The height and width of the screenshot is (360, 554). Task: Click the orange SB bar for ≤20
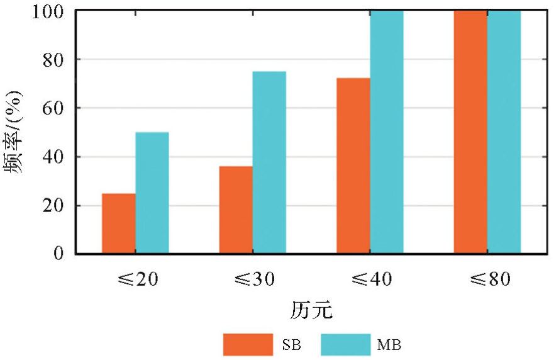118,223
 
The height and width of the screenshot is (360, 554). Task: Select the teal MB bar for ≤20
152,193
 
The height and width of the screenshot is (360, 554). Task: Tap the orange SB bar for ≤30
236,210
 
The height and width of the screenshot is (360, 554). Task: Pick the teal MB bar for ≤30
269,162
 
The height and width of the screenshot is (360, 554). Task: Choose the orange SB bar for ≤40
353,166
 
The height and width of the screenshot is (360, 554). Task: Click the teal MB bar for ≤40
387,132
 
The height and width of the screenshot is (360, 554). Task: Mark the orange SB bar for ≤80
470,132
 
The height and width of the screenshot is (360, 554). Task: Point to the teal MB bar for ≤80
504,132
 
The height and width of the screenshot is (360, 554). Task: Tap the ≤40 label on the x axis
370,279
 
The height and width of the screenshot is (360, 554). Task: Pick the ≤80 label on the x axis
487,279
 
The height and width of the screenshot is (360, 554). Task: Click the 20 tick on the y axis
55,205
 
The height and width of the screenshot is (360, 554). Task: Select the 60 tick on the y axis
55,108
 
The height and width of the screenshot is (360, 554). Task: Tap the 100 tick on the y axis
50,11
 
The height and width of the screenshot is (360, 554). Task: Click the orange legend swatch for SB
248,345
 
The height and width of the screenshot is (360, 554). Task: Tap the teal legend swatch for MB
345,345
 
